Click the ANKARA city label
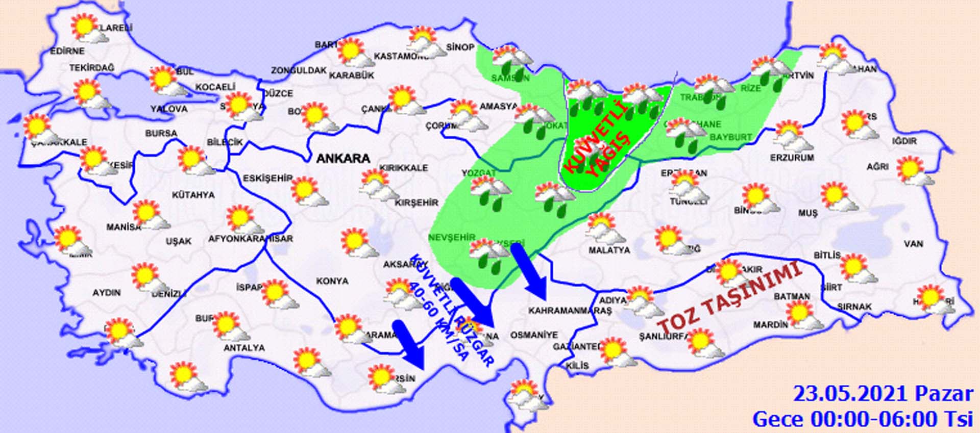[343, 159]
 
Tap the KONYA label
[332, 281]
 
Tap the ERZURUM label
[792, 158]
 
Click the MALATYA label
[609, 250]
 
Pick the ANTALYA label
[244, 348]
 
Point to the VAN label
[913, 244]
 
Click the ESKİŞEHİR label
[267, 178]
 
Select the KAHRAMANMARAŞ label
[570, 311]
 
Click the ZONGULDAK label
[299, 70]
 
